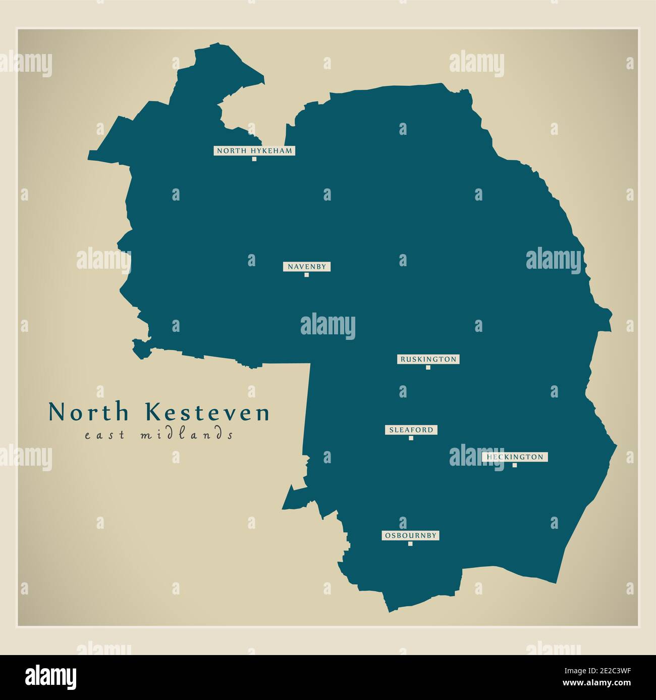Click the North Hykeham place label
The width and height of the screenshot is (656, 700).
(x=254, y=151)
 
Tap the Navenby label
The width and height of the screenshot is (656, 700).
(x=306, y=266)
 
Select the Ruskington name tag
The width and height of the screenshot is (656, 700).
(x=428, y=359)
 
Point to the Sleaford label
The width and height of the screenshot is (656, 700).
(x=411, y=430)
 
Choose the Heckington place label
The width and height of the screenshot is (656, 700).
(x=515, y=457)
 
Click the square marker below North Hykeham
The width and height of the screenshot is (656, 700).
(x=254, y=159)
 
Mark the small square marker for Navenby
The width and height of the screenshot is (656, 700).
(x=306, y=275)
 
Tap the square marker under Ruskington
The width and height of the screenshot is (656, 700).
(x=428, y=368)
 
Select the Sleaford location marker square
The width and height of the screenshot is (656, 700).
(x=411, y=438)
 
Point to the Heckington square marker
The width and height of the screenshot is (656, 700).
(x=515, y=465)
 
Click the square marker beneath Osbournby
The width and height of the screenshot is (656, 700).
(x=410, y=544)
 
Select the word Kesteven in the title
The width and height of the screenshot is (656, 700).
(x=208, y=413)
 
